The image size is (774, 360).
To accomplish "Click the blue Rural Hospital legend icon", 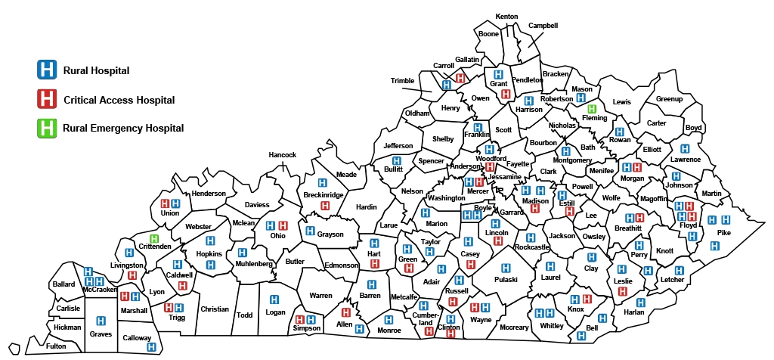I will [47, 70].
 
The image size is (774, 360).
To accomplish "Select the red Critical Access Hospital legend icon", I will [47, 99].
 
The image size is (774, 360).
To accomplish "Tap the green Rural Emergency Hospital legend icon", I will [47, 128].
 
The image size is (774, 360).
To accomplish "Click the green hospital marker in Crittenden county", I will [154, 239].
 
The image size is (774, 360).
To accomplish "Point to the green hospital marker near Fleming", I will [593, 110].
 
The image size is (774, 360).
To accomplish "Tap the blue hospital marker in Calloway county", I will [151, 347].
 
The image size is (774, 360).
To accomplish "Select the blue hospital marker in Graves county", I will [101, 321].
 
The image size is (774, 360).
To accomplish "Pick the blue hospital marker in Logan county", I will [274, 299].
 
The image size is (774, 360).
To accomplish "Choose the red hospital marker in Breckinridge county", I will [325, 206].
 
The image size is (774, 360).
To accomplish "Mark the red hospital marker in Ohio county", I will [283, 225].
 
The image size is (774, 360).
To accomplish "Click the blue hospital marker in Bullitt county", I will [396, 160].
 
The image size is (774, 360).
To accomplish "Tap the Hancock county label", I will [283, 155].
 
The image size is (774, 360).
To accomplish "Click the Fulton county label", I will [56, 346].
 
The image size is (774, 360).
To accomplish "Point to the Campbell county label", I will [543, 25].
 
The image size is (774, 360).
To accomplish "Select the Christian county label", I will [215, 309].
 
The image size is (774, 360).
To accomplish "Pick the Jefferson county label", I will [398, 146].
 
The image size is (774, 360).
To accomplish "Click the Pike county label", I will [724, 233].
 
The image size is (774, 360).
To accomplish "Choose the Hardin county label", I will [366, 206].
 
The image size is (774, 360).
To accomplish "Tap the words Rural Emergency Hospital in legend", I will [123, 128].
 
